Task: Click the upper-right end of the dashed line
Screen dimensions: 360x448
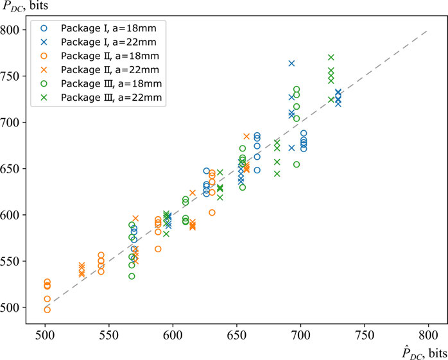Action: click(427, 30)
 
